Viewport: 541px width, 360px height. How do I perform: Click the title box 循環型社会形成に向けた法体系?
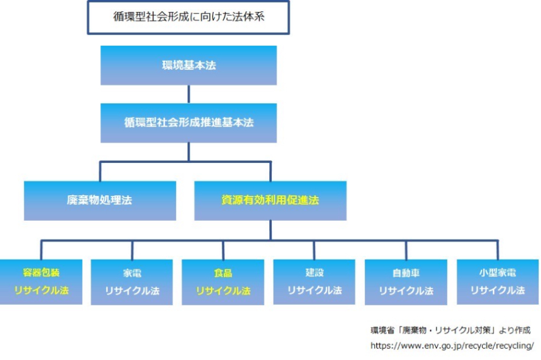[x=188, y=17]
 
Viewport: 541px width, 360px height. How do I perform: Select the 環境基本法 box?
[x=188, y=66]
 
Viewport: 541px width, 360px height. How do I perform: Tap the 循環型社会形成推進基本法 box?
[x=188, y=123]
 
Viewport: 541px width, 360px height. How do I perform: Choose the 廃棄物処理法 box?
[x=100, y=200]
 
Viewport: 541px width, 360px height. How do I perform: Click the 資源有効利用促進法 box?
[x=270, y=200]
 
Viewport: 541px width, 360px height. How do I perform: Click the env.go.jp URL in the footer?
[x=452, y=345]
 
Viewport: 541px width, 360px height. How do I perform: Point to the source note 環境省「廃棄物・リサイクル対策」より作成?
[x=450, y=330]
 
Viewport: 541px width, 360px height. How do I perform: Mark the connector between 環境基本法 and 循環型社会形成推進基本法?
[x=188, y=94]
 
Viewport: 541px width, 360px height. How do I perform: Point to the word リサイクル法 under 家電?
[x=132, y=291]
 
